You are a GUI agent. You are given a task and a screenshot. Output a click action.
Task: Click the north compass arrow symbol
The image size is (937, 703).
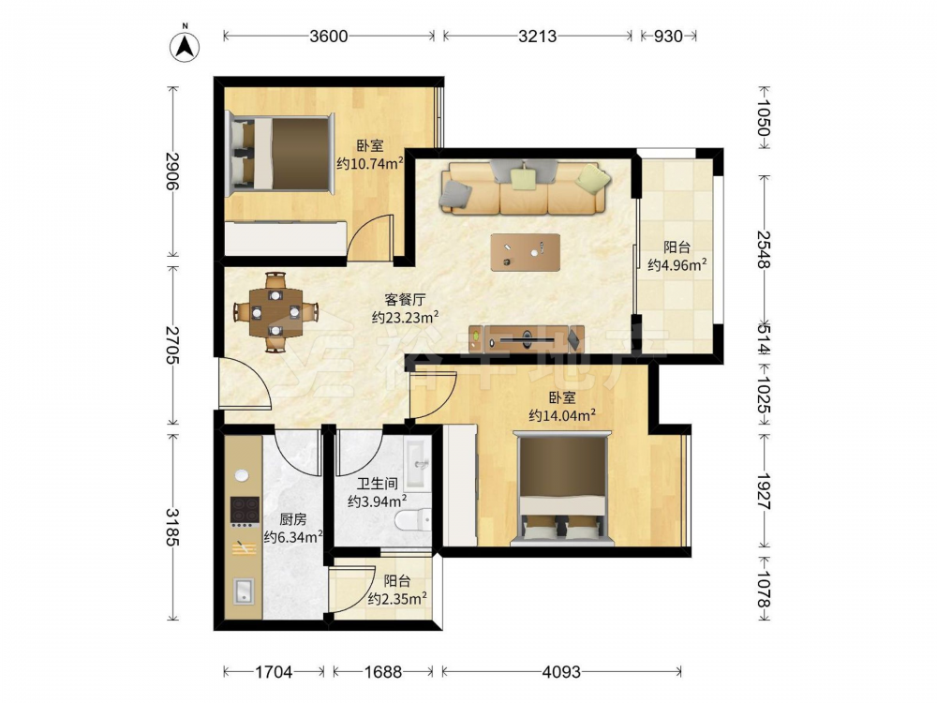(x=185, y=46)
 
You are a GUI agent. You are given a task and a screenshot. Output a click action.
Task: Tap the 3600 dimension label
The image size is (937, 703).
(x=329, y=37)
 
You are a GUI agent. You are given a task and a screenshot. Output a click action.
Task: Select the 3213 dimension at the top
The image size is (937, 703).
(x=537, y=37)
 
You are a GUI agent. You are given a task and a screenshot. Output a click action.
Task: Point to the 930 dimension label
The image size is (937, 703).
(x=667, y=37)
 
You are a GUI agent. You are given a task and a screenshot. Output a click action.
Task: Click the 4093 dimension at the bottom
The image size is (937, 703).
(x=561, y=672)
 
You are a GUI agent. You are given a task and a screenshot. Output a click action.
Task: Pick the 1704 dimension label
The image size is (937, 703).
(x=274, y=672)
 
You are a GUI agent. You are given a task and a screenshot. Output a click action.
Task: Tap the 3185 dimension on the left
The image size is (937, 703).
(x=172, y=527)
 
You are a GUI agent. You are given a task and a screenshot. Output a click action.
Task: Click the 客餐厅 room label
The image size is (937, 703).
(x=405, y=300)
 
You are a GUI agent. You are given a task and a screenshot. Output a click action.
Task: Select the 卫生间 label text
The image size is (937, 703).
(x=378, y=484)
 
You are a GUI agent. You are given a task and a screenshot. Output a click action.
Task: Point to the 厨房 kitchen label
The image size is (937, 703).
(x=292, y=519)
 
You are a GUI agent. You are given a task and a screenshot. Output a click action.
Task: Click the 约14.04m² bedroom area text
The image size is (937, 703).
(x=561, y=415)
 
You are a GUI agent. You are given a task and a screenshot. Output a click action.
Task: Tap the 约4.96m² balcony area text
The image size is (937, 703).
(x=677, y=264)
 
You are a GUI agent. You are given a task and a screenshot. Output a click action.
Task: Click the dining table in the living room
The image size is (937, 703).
(x=275, y=312)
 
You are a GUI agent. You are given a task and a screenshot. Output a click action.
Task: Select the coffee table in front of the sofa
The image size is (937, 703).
(x=526, y=252)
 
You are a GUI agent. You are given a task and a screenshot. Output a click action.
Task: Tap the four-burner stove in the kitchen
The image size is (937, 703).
(x=245, y=513)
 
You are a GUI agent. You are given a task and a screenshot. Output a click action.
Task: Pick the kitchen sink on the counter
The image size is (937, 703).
(x=244, y=591)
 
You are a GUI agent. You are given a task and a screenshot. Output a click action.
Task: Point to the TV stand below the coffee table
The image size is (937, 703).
(x=527, y=339)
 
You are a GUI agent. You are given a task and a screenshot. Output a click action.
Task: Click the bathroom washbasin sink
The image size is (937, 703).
(x=417, y=464)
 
